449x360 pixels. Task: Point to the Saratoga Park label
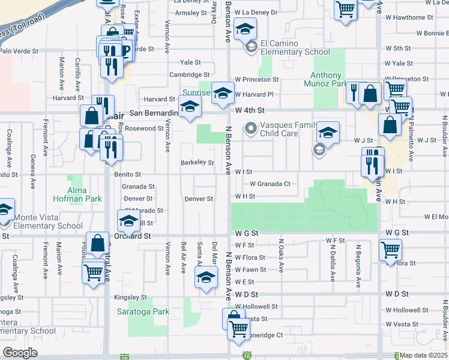pos(151,312)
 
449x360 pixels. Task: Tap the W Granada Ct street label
pos(270,184)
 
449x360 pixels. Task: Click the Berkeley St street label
pos(197,162)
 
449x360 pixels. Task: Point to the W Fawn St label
pos(250,269)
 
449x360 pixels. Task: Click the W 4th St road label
pos(250,110)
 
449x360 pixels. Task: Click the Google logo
pos(20,353)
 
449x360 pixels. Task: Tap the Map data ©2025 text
pos(423,355)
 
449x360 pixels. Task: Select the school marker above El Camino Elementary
pos(245,29)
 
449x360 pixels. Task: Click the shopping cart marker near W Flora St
pos(390,249)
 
